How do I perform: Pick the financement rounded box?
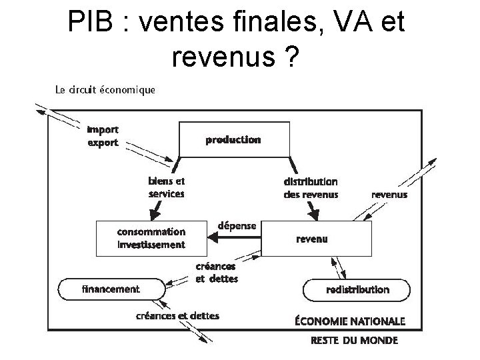coord(111,289)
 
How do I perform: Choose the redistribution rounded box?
coord(357,289)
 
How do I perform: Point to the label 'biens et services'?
coord(166,187)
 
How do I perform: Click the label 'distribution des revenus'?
coord(311,187)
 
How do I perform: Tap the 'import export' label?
coord(103,137)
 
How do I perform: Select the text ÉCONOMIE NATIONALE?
coord(349,321)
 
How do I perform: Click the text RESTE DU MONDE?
coord(354,340)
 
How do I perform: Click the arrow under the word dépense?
coord(237,237)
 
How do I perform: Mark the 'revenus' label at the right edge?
coord(389,195)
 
